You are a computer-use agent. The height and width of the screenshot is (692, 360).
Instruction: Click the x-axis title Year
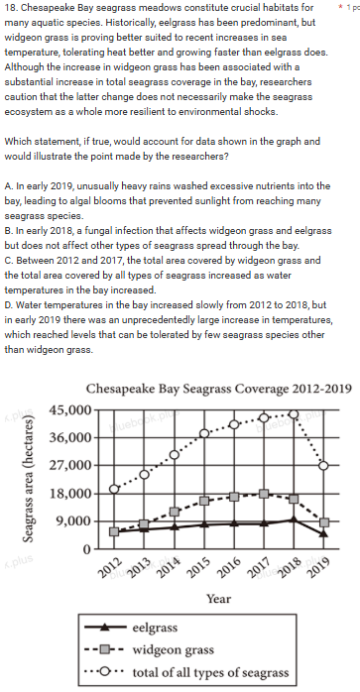pyautogui.click(x=218, y=599)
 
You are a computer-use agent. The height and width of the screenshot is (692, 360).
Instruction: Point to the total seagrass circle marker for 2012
pyautogui.click(x=114, y=490)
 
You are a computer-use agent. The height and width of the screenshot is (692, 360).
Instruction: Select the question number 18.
pyautogui.click(x=11, y=8)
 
